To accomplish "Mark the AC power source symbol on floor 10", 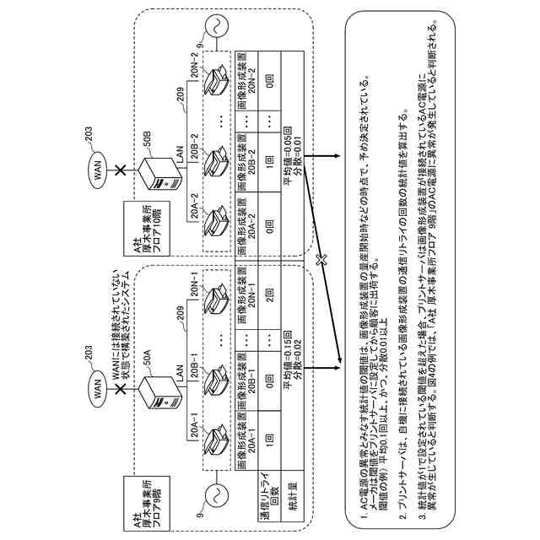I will pos(209,25).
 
